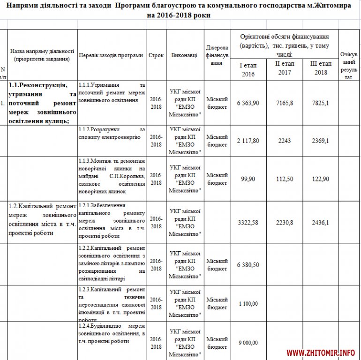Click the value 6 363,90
pos(248,103)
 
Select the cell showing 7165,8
pos(284,103)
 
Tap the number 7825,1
pos(321,103)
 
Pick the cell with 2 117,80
pos(248,141)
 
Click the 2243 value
pos(284,141)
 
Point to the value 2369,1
pos(321,141)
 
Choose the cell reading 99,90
pos(248,179)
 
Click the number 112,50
pos(284,179)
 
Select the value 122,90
pos(321,179)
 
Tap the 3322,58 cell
pos(248,222)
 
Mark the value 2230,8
pos(284,222)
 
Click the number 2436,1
pos(321,222)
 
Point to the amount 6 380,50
pos(248,265)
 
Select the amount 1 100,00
pos(248,304)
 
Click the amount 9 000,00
pos(248,343)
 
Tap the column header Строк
pos(156,55)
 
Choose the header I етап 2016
pos(248,69)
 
